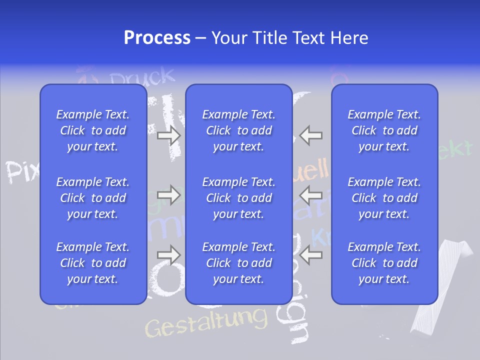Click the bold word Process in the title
(157, 38)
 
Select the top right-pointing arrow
(169, 135)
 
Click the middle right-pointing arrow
(169, 194)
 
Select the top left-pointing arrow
(311, 135)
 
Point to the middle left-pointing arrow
(311, 194)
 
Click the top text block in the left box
(93, 130)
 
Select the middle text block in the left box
(93, 198)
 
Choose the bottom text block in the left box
(93, 263)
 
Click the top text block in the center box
(239, 130)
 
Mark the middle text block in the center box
(239, 198)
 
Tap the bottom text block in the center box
(239, 263)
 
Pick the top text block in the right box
(384, 130)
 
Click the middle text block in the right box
(384, 198)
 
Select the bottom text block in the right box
(384, 263)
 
